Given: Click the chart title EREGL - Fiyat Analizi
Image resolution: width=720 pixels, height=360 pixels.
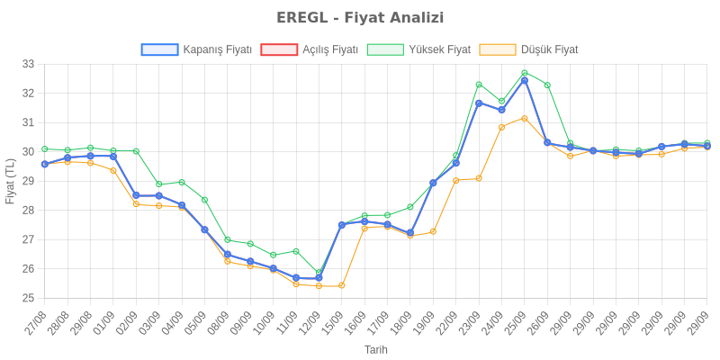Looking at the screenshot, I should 360,18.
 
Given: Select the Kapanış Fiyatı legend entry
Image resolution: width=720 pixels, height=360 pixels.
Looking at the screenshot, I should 196,49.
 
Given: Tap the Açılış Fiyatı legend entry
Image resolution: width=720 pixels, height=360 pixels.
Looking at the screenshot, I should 310,49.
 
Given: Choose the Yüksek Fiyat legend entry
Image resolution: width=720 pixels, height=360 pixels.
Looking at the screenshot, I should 419,49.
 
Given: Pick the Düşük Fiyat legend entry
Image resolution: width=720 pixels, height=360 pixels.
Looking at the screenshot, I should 529,49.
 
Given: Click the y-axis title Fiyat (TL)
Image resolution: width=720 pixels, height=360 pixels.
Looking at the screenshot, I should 11,181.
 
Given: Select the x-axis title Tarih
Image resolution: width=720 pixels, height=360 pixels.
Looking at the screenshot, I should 375,348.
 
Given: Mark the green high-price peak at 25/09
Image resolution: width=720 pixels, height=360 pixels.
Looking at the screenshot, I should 525,73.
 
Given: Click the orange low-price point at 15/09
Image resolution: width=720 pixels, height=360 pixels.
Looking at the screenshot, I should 341,285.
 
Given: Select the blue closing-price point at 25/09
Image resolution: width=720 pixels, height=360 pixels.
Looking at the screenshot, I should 525,80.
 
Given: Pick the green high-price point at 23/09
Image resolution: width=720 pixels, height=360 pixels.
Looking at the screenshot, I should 479,84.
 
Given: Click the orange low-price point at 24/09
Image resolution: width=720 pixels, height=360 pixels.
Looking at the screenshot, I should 501,127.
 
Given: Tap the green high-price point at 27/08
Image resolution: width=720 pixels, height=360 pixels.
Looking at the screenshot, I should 44,148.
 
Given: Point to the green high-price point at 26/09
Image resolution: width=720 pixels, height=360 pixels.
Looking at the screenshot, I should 547,85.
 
